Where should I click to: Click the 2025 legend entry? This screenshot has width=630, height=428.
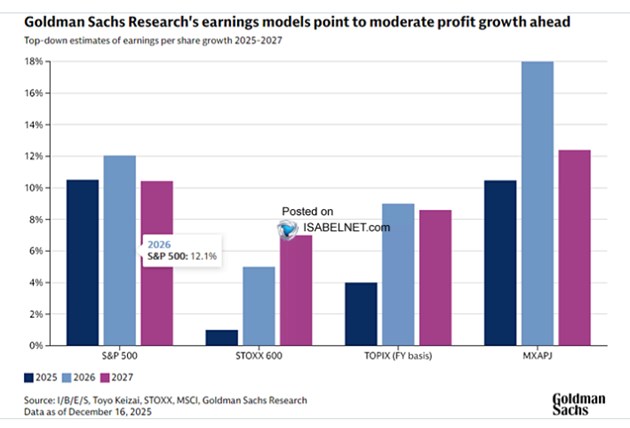tap(39, 377)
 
